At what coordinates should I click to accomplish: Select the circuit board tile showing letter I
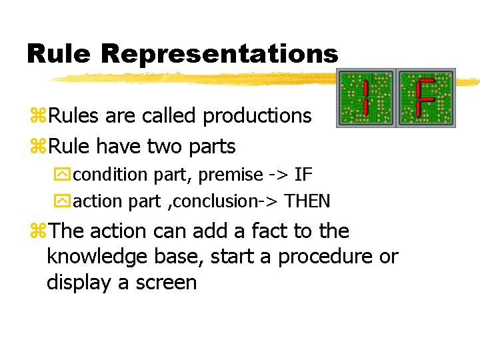tap(367, 98)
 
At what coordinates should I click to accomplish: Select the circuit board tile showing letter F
tap(426, 98)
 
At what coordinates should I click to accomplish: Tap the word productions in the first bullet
tap(257, 116)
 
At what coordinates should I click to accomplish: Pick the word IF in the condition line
tap(303, 175)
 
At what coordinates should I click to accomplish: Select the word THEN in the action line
tap(307, 201)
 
